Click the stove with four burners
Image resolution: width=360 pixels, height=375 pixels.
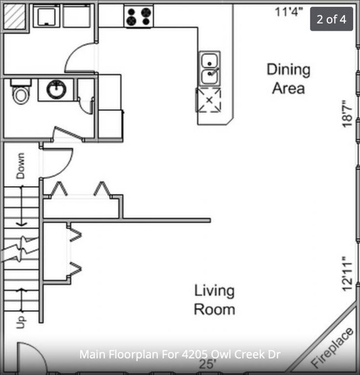(138, 16)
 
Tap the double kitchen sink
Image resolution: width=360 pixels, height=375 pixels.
(209, 69)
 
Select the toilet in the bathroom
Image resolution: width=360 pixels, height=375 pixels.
(21, 92)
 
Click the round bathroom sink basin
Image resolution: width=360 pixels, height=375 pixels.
(56, 89)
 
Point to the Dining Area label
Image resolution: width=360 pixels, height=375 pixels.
(289, 79)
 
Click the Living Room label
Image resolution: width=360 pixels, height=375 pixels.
(214, 300)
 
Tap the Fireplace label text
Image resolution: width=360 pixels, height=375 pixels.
(332, 348)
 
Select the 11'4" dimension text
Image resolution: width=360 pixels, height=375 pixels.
(289, 12)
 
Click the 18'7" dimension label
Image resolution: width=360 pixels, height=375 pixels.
(347, 114)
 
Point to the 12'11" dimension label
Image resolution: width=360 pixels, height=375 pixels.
(347, 274)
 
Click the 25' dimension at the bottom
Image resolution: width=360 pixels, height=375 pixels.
(207, 364)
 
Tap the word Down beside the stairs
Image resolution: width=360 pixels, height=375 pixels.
(20, 166)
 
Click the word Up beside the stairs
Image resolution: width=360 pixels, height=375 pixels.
(20, 322)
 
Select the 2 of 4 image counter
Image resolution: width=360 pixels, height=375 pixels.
(332, 19)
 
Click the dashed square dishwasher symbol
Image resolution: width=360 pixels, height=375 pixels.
(209, 100)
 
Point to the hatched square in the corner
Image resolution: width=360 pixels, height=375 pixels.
(14, 16)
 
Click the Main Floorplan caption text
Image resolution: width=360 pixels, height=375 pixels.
(180, 355)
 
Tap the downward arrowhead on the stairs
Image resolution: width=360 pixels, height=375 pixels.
(22, 224)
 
